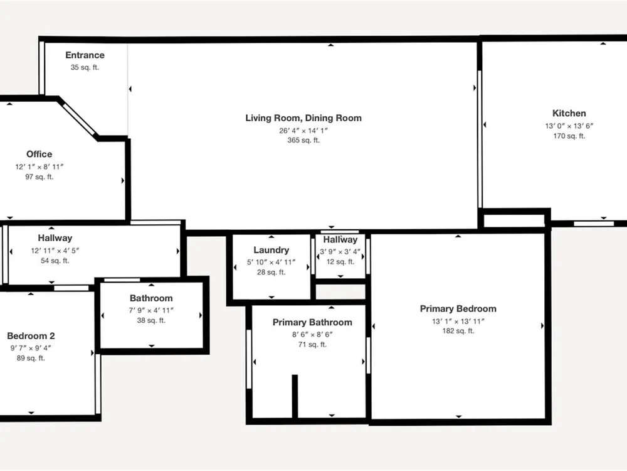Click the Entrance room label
[85, 55]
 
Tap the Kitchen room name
[569, 113]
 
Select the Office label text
[39, 154]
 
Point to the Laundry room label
[271, 250]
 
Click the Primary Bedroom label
[458, 309]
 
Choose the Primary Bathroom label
[312, 322]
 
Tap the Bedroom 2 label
[31, 336]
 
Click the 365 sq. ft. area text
[303, 140]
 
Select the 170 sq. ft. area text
[569, 136]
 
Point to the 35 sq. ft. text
[85, 67]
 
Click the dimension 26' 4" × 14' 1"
[303, 131]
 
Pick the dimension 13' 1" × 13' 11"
[458, 321]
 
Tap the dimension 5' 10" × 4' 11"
[271, 263]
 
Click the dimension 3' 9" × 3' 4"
[340, 252]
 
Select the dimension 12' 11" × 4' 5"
[55, 251]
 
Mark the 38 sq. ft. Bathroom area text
[151, 320]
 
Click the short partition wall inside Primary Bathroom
[295, 396]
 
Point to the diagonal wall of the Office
[78, 118]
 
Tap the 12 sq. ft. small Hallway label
[340, 262]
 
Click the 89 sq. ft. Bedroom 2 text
[31, 358]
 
